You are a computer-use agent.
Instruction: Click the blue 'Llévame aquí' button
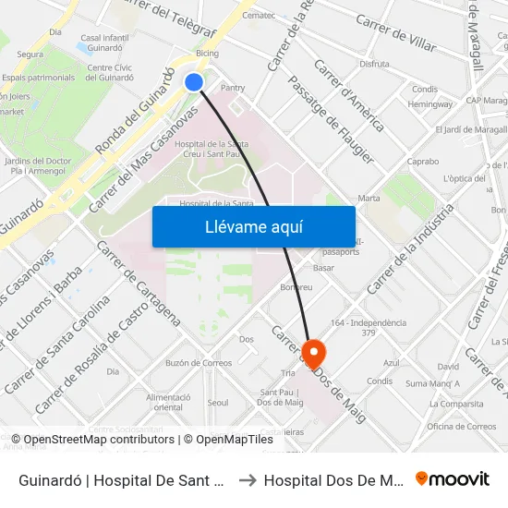[254, 226]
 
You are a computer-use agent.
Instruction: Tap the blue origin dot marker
[194, 82]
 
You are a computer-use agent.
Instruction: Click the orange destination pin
[313, 352]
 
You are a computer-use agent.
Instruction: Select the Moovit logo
[453, 479]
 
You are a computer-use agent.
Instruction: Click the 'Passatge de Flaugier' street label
[331, 119]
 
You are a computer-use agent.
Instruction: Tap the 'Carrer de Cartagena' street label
[139, 283]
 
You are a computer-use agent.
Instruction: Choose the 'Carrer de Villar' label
[395, 34]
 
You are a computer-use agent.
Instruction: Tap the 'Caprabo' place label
[422, 161]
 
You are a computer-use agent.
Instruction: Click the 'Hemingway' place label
[430, 104]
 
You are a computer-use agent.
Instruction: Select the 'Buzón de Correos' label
[199, 363]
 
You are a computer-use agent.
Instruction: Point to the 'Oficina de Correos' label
[462, 426]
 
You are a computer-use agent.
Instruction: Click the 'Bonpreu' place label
[296, 288]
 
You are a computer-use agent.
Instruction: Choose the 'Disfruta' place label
[374, 65]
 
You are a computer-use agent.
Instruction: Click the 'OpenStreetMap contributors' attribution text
[99, 440]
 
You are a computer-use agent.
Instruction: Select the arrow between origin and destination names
[248, 480]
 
